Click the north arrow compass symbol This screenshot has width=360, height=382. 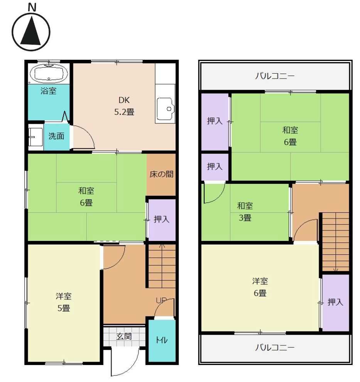31,32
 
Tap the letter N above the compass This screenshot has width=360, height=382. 32,7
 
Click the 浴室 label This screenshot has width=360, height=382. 48,91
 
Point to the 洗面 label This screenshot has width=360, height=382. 56,136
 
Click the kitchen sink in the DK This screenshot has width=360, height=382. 166,109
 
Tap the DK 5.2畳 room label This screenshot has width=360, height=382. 124,106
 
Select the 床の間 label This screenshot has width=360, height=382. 161,174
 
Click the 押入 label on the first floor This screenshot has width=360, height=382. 161,219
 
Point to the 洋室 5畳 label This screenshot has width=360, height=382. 64,302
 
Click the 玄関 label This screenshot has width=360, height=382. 124,337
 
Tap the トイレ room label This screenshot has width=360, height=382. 161,340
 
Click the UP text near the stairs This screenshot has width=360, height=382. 161,300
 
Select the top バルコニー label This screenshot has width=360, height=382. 275,76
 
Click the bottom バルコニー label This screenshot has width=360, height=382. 275,347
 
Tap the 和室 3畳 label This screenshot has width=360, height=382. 245,212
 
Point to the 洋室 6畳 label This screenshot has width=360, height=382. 260,287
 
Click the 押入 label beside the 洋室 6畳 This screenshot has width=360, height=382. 335,302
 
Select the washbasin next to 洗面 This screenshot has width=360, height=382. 35,137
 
